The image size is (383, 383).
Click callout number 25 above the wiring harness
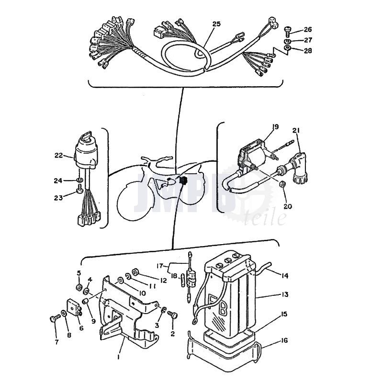coord(216,24)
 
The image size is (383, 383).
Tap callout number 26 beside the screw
coord(308,29)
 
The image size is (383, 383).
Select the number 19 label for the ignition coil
coord(275,127)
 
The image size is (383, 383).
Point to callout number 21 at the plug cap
coord(296,131)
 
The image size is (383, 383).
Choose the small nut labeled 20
coord(282,184)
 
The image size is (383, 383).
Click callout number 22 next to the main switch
coord(58,155)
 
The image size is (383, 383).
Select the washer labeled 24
coord(79,180)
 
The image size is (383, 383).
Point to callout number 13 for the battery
coord(284,294)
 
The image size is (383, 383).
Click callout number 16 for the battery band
coord(284,340)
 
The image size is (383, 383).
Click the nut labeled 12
coord(135,271)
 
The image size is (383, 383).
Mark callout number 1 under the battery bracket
coord(119,357)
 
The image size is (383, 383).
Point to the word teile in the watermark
coord(265,217)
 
